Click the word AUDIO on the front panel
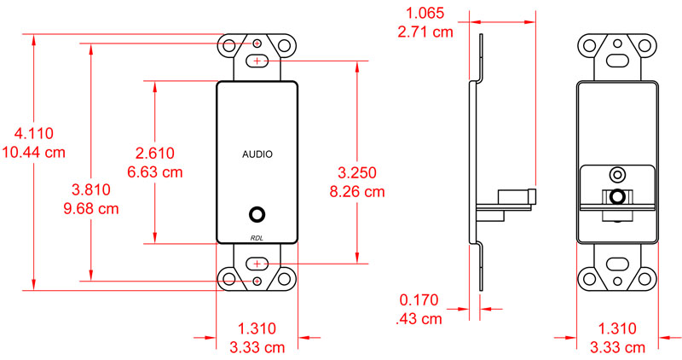coord(257,154)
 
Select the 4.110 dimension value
coord(34,133)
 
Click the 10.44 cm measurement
coord(34,153)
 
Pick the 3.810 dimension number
coord(90,189)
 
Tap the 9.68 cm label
coord(90,209)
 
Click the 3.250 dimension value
coord(357,171)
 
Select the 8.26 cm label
coord(357,191)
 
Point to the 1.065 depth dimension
coord(425,13)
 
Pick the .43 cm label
coord(419,319)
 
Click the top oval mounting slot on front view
coord(258,61)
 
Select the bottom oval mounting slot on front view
coord(258,264)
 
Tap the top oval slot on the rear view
coord(616,61)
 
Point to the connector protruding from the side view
coord(516,197)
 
